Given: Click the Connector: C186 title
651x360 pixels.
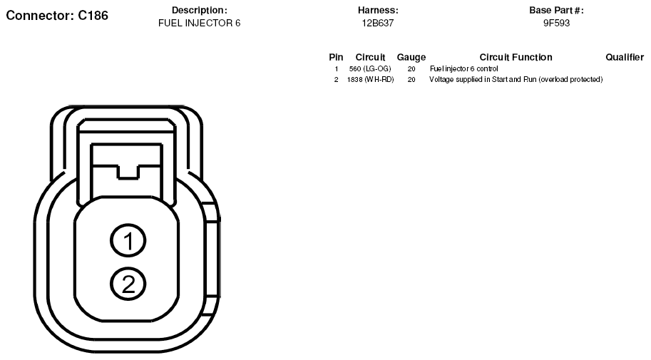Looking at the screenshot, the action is [57, 16].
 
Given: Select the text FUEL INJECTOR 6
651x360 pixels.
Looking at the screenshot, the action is [199, 24].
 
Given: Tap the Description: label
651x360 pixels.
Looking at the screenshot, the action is [199, 11].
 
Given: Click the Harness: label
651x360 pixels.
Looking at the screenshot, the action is [378, 11].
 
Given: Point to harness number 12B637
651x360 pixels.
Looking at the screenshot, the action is [378, 24].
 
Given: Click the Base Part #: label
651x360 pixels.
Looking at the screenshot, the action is [556, 11].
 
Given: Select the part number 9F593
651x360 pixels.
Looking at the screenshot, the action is [556, 24].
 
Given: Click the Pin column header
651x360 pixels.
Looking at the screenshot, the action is [336, 57].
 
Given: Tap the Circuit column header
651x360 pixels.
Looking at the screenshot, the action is [370, 57].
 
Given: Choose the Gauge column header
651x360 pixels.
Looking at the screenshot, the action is [411, 57].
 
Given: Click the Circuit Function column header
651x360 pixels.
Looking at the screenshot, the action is [516, 57].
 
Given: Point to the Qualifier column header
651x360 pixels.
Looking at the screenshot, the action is [625, 57].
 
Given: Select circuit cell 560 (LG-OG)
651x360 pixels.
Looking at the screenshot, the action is [370, 69].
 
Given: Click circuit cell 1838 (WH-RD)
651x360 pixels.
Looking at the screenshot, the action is [370, 79].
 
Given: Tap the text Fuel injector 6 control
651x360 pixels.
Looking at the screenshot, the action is [463, 69].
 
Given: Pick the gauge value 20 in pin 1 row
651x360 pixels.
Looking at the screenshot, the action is [411, 69].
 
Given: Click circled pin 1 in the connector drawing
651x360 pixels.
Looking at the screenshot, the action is [128, 240].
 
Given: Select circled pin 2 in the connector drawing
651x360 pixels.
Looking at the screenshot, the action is [128, 284].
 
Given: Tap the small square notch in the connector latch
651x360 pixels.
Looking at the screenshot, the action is [128, 172].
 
